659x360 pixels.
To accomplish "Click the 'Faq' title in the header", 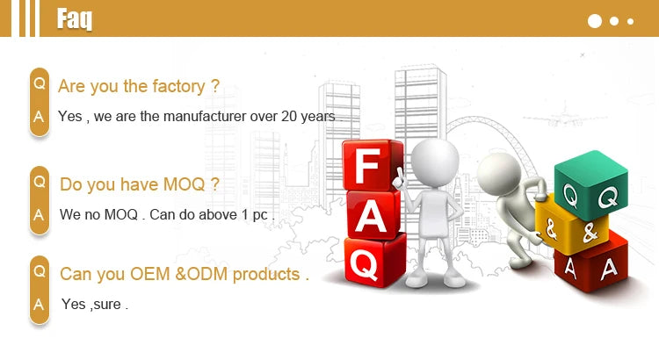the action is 75,19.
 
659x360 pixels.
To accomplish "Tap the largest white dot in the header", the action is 595,21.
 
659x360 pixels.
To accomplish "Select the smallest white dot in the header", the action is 630,21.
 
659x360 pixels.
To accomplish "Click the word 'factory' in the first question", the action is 178,87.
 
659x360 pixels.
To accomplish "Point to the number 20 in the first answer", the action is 289,117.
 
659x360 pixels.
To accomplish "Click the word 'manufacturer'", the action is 204,117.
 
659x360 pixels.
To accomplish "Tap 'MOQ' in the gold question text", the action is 185,184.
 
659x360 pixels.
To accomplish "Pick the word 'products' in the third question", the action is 266,274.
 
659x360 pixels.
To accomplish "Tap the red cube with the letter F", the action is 373,165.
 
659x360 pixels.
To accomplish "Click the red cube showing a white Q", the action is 375,261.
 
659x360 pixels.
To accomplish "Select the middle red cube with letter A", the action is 373,214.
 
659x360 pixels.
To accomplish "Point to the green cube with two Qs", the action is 591,185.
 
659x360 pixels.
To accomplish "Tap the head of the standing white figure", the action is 435,162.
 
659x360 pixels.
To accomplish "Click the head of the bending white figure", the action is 499,174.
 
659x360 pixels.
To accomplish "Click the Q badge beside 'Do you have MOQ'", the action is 40,182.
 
